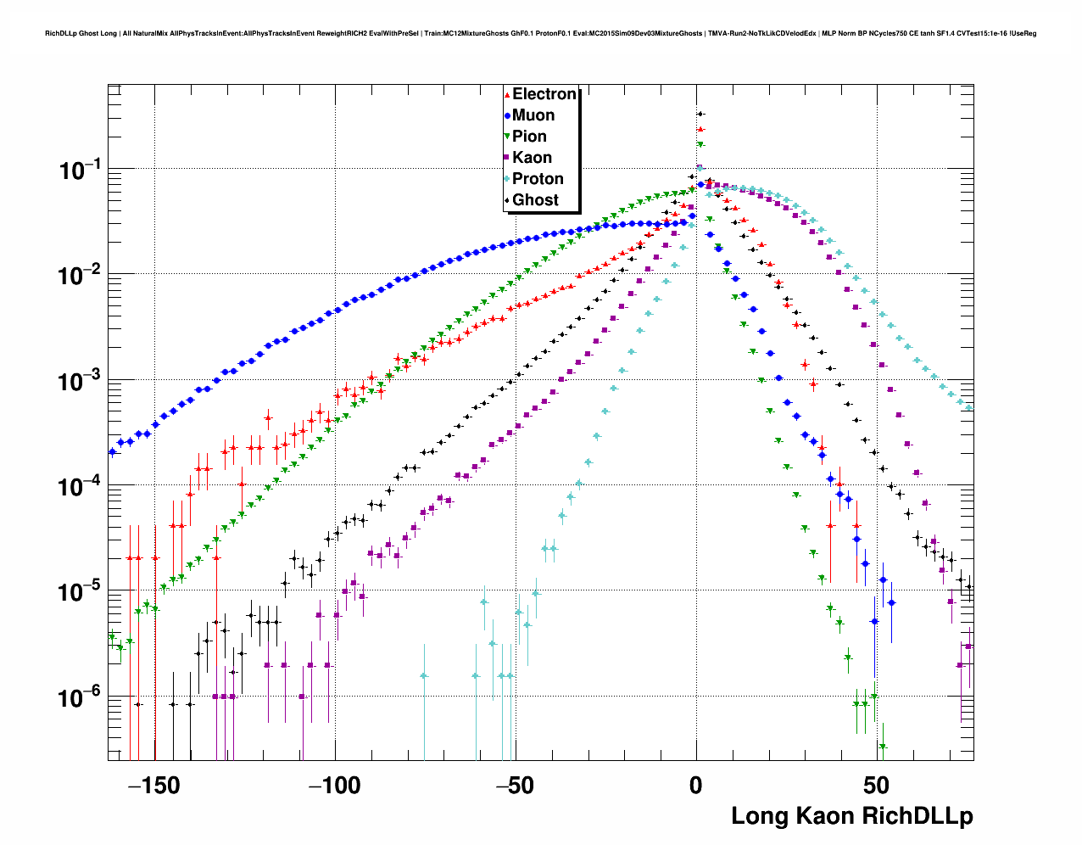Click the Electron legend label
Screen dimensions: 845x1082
pos(544,94)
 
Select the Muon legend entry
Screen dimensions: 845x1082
pos(533,115)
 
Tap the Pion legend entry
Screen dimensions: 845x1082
pos(529,137)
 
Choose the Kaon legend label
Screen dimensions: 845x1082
pos(532,158)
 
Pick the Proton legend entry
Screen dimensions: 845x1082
pos(538,179)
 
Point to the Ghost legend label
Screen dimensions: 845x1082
pos(535,200)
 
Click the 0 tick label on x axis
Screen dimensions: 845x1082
pos(696,786)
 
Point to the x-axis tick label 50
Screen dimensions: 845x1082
pos(877,786)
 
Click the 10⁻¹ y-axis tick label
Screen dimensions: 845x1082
pos(80,171)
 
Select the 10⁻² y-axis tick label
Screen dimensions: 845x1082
pos(80,276)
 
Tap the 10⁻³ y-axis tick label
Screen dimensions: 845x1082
pos(80,381)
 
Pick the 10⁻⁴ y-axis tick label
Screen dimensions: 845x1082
pos(80,487)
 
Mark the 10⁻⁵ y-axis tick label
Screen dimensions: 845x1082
pos(80,592)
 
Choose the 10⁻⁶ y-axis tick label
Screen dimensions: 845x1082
pos(80,697)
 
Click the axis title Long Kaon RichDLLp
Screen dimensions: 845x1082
pos(851,816)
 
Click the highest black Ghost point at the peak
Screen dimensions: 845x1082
pos(700,114)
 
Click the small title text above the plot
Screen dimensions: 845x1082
pos(540,34)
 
